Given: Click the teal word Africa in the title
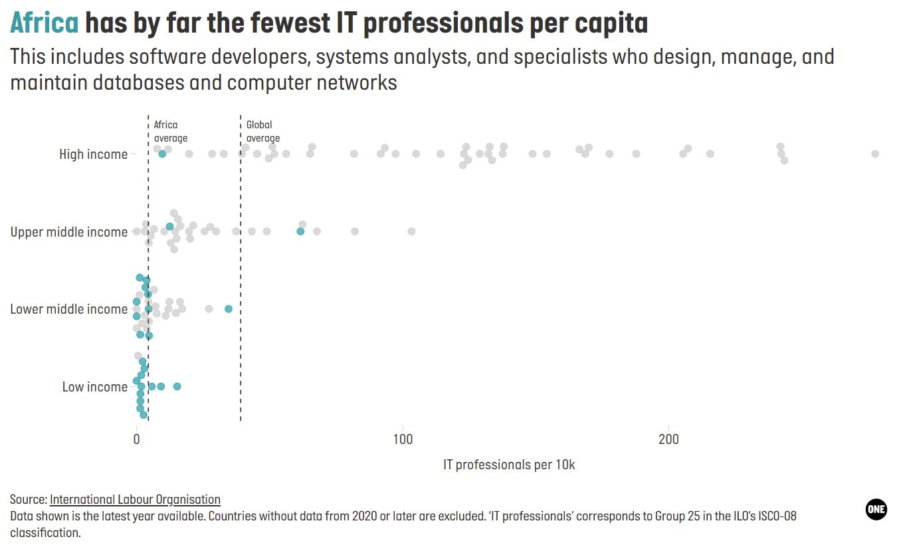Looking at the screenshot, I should (x=45, y=23).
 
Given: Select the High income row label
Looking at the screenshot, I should (x=93, y=154).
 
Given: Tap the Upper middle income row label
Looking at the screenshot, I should (x=68, y=232).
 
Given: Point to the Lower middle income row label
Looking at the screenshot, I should (x=68, y=309).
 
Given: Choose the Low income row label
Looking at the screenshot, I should (x=94, y=387).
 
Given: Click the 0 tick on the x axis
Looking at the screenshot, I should (x=136, y=439).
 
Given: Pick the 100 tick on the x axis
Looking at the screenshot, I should (x=402, y=439).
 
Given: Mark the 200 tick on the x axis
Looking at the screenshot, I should (x=668, y=439).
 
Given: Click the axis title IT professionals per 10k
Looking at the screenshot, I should (x=509, y=465).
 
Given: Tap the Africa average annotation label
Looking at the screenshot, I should (x=170, y=132).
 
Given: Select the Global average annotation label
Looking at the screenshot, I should (x=262, y=132).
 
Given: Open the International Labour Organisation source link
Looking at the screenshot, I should (x=135, y=499).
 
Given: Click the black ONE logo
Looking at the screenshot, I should (x=876, y=509).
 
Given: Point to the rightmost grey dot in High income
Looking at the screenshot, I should (x=875, y=154).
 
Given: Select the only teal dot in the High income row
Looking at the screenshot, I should (x=162, y=154).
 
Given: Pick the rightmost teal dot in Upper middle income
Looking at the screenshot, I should (x=300, y=231).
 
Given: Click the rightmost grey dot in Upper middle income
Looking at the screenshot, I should (x=411, y=231).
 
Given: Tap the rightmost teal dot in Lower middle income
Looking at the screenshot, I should (x=229, y=309).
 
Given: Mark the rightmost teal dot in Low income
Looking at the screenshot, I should (x=177, y=386).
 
